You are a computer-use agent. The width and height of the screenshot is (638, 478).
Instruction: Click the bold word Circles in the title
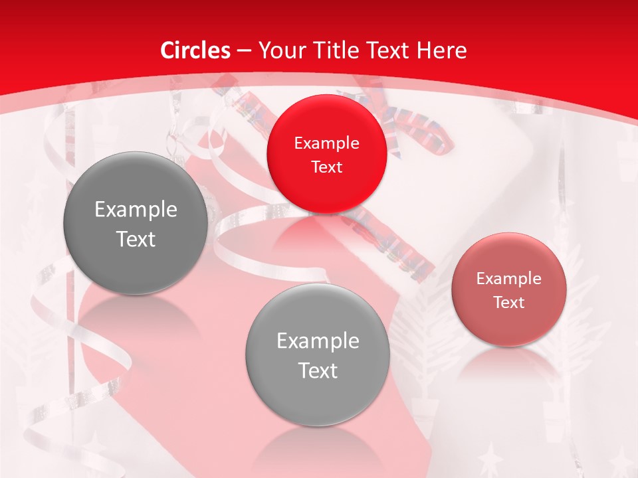click(195, 50)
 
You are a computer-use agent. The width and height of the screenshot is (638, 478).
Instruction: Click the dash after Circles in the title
click(244, 51)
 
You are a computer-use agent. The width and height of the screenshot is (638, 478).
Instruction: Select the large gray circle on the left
click(135, 223)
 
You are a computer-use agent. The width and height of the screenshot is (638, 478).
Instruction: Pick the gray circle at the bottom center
click(318, 355)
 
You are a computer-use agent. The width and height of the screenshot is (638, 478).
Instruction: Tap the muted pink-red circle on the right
click(509, 289)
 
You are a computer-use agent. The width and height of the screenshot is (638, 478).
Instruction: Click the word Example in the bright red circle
click(326, 143)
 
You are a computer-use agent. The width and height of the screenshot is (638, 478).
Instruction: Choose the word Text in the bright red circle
click(326, 167)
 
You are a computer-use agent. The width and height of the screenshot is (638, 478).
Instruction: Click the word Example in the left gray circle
click(136, 210)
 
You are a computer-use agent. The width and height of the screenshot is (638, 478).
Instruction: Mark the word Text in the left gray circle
click(136, 239)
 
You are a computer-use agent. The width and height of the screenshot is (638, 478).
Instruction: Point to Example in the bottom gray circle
click(318, 341)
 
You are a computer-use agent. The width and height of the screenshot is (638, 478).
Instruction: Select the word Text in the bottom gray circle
click(318, 370)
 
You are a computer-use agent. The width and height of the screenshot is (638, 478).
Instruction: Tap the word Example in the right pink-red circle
click(509, 279)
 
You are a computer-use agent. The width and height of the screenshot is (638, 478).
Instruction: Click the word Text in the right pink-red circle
click(509, 302)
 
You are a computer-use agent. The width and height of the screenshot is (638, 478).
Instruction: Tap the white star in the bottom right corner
click(621, 461)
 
